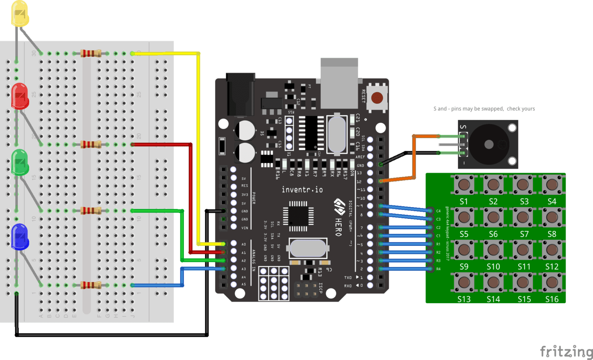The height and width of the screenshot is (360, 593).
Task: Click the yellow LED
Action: pos(20,14)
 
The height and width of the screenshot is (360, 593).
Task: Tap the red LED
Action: pos(20,96)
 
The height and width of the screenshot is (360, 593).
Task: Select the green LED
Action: pos(20,162)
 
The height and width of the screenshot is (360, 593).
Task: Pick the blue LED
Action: pos(20,236)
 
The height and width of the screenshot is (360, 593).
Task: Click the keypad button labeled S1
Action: pos(464,184)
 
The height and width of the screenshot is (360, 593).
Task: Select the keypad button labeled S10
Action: pos(493,250)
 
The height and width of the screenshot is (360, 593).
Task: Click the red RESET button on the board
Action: pos(377,97)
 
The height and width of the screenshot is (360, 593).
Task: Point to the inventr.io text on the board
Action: pos(302,189)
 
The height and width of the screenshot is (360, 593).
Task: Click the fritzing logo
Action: pos(566,352)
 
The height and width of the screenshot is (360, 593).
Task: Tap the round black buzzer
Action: pos(489,144)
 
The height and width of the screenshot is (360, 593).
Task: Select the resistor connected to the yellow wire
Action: pos(91,53)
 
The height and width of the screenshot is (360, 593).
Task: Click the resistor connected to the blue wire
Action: pos(91,285)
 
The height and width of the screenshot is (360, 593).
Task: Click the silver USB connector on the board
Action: pos(339,83)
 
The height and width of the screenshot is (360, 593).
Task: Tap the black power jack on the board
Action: pos(240,94)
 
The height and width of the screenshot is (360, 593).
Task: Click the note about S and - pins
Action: pos(484,109)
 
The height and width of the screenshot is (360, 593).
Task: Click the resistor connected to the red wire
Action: pos(91,144)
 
